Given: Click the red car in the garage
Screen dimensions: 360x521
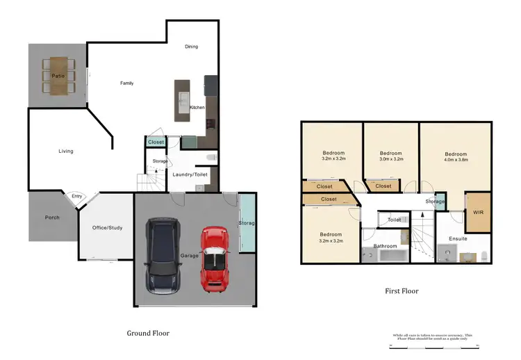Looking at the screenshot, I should [x=214, y=258].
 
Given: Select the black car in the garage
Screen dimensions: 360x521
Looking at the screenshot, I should [x=163, y=255].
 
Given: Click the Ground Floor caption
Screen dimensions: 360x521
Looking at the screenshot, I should [x=148, y=333].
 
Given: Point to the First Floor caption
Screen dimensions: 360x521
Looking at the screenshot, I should [x=402, y=291].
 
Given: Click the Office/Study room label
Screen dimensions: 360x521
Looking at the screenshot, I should [x=107, y=227].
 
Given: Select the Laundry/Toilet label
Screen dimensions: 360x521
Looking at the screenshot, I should [x=190, y=175].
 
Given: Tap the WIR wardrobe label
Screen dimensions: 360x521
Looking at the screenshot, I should [x=477, y=212].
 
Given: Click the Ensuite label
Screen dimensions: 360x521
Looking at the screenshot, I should [x=458, y=239].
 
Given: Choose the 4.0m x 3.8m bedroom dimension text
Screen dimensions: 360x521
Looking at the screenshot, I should [x=456, y=159].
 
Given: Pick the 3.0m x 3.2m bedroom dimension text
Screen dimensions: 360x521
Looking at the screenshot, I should [x=390, y=159].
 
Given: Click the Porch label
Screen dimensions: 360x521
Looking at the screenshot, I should [x=51, y=218].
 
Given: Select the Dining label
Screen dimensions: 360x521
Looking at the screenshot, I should [x=191, y=47].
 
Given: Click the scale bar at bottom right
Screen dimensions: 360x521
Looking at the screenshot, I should [x=434, y=344].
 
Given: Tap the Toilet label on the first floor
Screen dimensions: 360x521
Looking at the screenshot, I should [x=394, y=220].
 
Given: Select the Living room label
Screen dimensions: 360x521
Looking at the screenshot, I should [x=65, y=151].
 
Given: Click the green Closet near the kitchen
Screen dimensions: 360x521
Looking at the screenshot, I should [x=156, y=142].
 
